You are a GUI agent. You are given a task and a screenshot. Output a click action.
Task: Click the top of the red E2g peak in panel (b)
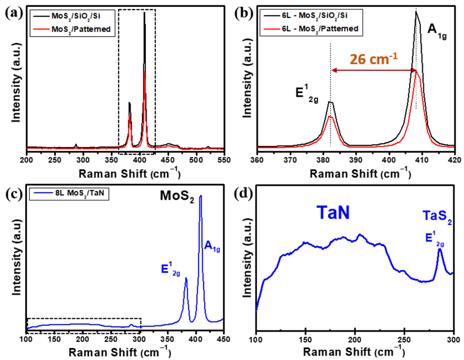click(x=330, y=116)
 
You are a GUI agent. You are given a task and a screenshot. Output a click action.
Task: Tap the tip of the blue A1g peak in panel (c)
click(x=201, y=195)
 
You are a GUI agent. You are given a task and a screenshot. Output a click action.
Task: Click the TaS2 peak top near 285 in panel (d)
click(x=440, y=249)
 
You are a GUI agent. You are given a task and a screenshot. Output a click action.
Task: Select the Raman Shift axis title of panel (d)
click(x=354, y=350)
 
